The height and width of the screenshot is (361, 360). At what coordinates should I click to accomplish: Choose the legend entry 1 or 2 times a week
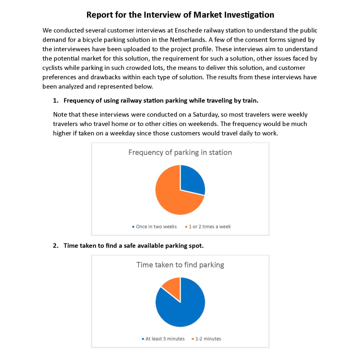click(x=210, y=227)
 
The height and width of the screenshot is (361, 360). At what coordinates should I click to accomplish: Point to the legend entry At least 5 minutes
click(x=165, y=339)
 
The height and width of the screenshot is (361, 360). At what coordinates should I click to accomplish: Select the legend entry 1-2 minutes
click(x=208, y=339)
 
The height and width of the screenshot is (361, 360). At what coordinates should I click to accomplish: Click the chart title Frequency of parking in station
click(x=180, y=152)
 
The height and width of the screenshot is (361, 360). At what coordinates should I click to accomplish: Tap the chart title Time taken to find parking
click(x=180, y=265)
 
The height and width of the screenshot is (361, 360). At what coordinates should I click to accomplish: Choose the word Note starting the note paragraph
click(x=60, y=115)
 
